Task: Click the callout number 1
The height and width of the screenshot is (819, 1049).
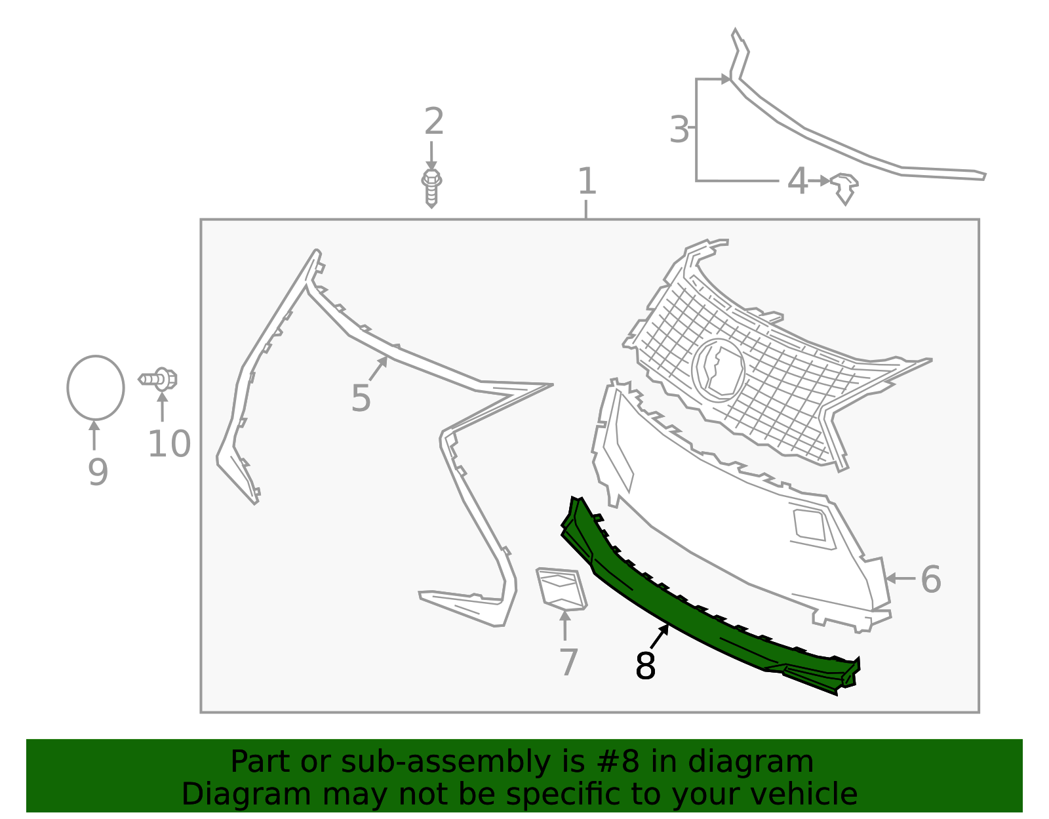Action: coord(587,182)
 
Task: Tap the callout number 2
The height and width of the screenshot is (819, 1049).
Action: coord(433,122)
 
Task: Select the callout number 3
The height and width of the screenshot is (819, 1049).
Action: coord(680,129)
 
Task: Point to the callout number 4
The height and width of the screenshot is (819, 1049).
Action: coord(797,182)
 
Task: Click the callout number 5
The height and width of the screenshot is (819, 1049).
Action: coord(361,398)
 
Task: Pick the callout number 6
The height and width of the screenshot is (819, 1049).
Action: coord(930,580)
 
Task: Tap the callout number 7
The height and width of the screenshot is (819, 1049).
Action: coord(568,662)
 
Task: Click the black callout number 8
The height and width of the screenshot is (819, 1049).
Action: coord(645,666)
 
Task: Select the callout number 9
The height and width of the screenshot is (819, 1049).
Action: coord(98,472)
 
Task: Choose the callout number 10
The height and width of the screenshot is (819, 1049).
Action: coord(169,445)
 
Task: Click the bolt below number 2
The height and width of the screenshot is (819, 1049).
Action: coord(431,187)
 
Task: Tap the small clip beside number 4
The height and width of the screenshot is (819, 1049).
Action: coord(844,187)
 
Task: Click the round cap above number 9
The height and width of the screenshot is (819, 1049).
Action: coord(96,388)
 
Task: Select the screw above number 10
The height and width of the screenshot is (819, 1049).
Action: coord(159,379)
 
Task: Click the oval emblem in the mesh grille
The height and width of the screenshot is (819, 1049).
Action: coord(719,369)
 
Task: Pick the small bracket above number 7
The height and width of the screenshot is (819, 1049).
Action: coord(561,588)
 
